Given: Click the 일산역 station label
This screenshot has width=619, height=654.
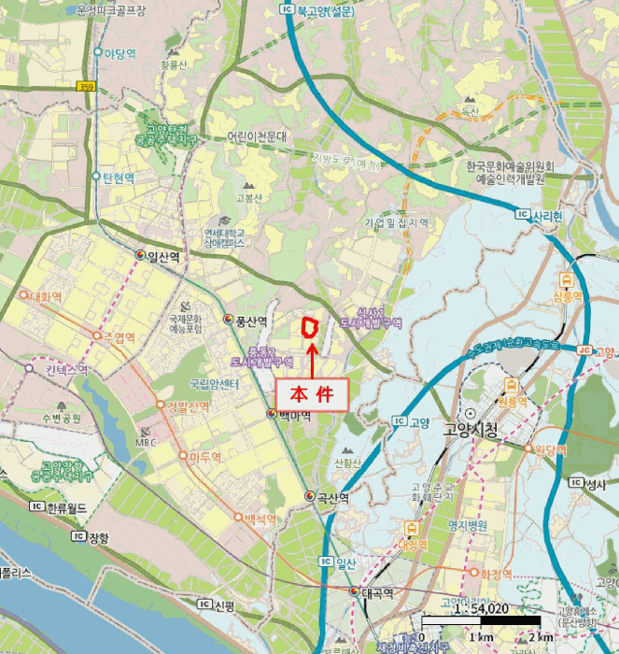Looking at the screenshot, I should (163, 256).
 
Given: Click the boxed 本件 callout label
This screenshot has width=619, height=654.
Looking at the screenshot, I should (312, 392).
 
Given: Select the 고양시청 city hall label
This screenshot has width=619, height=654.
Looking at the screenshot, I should (474, 433).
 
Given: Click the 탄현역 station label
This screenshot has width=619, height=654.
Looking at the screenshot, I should (119, 177).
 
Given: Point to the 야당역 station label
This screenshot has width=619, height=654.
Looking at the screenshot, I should (120, 52).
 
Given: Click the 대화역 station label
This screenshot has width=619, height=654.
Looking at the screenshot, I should (45, 296).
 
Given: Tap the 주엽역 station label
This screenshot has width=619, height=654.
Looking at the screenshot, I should (119, 336).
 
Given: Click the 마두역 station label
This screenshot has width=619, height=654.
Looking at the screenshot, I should (204, 457).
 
